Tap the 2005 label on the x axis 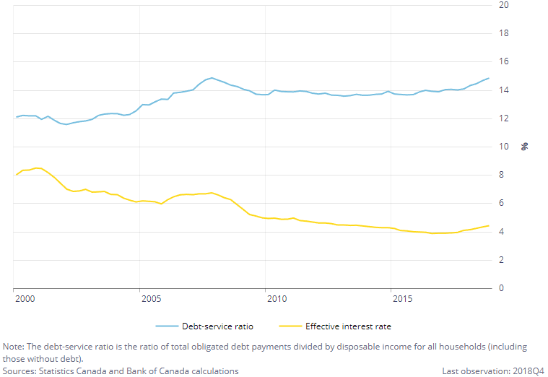point(150,298)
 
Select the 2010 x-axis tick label point(276,298)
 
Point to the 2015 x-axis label point(402,298)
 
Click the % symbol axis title point(525,147)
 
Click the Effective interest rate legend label point(348,326)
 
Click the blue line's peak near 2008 point(211,77)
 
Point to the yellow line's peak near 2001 point(38,168)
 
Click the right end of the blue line point(489,78)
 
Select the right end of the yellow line point(489,226)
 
